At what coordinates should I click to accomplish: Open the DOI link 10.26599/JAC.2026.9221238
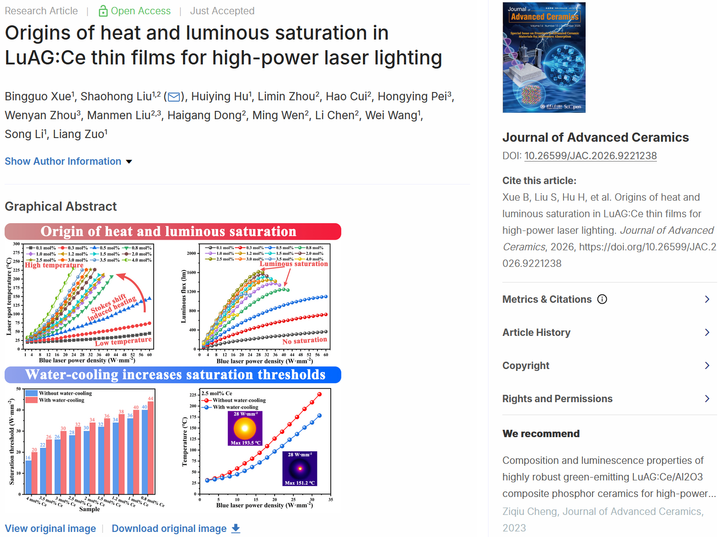[590, 156]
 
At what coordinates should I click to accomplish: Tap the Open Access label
[135, 11]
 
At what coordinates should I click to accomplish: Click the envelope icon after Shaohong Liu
[174, 97]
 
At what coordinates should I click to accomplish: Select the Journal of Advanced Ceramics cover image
[544, 58]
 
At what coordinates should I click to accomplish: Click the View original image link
[50, 529]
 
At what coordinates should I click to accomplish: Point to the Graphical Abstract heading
[61, 207]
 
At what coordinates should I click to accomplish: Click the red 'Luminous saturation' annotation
[293, 264]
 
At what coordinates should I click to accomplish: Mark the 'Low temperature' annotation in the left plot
[123, 341]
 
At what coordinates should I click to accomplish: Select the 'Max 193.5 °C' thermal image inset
[245, 428]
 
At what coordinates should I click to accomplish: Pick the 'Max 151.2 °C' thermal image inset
[299, 468]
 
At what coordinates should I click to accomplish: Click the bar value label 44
[150, 398]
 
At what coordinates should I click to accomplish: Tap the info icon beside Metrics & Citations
[602, 300]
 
